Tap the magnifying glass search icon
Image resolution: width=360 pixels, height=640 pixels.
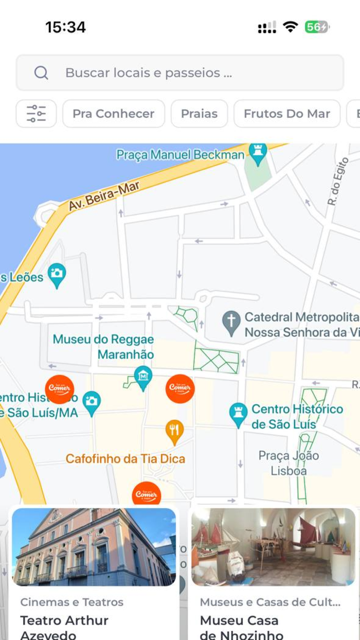[41, 73]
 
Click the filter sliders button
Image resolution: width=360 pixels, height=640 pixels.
[36, 113]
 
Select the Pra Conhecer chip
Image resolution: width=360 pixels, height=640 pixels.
[113, 114]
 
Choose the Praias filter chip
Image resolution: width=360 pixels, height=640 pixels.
[199, 114]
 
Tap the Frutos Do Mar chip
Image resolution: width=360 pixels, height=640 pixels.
[286, 114]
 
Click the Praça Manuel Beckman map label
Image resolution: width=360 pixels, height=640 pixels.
[180, 154]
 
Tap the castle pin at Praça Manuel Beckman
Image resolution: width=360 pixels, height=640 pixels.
[258, 151]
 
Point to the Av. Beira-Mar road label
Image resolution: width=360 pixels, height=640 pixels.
[104, 196]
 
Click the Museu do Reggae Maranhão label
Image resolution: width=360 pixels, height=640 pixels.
[103, 347]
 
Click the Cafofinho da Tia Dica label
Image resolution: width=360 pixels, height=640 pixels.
[125, 458]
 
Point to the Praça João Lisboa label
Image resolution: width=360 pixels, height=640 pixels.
[289, 463]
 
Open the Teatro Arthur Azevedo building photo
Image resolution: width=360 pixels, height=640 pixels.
[94, 547]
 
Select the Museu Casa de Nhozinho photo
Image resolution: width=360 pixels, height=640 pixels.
[273, 547]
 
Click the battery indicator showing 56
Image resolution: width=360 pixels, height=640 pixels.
[316, 27]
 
